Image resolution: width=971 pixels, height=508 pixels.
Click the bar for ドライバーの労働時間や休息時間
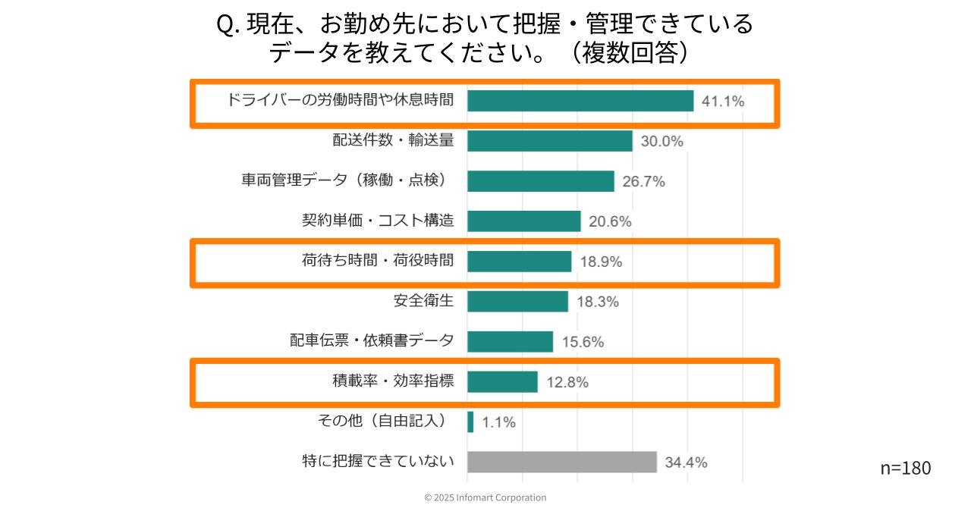580,101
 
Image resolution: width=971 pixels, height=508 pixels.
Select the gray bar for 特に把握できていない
561,462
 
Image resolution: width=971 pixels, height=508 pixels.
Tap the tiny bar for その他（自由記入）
470,422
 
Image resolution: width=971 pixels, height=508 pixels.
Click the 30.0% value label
662,142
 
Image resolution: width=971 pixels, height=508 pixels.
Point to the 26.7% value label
644,181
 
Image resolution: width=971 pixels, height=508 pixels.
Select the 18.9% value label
602,262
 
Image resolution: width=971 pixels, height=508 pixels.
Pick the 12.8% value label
567,382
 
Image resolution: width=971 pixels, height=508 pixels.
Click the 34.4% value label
686,463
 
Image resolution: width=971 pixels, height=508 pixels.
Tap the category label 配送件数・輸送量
393,140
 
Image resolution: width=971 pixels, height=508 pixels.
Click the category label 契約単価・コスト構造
378,221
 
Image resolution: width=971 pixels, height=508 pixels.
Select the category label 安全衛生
423,301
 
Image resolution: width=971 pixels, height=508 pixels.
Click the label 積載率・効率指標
393,381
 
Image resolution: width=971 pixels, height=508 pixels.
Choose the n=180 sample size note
905,468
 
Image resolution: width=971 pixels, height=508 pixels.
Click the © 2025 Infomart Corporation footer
485,497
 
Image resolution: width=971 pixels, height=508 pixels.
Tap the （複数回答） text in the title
630,53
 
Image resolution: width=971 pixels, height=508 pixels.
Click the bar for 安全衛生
517,301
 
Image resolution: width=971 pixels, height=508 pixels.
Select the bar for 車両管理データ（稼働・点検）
540,181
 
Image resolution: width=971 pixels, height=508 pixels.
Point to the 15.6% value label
583,342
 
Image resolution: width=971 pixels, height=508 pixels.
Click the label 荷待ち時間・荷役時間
378,261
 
